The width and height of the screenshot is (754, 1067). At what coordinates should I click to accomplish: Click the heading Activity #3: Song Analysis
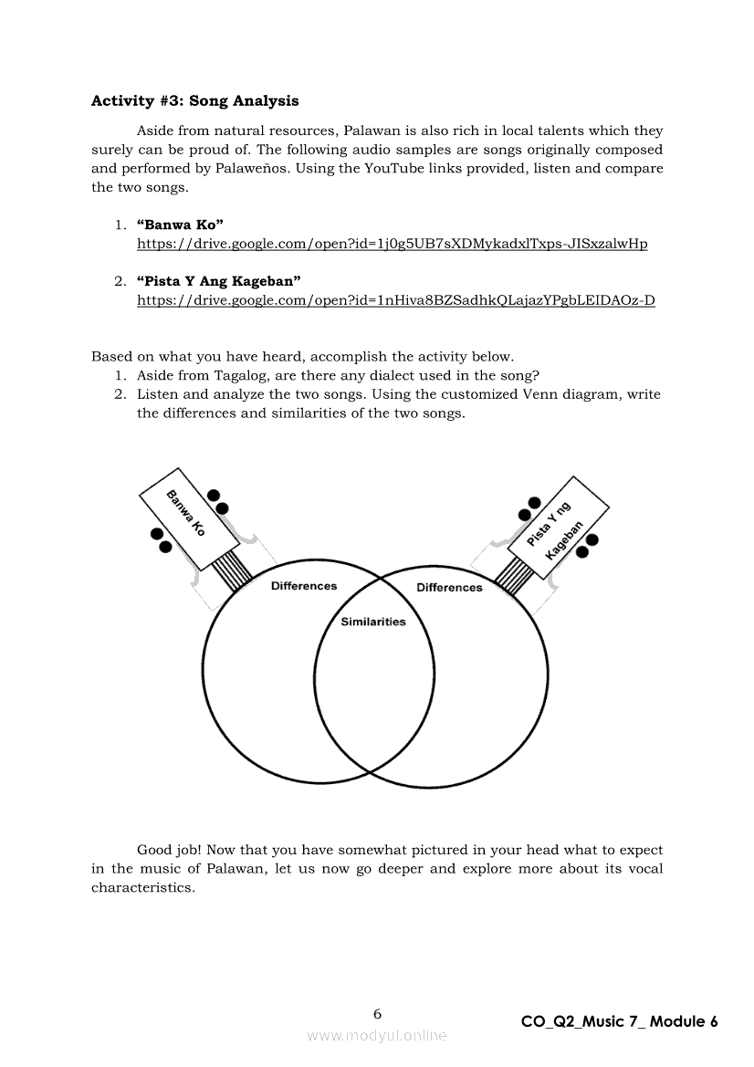point(194,100)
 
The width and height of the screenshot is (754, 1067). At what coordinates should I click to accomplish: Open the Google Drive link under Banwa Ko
point(392,244)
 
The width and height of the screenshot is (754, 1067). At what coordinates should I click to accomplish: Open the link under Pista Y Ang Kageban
point(395,299)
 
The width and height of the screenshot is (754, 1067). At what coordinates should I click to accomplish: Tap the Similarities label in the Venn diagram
point(373,622)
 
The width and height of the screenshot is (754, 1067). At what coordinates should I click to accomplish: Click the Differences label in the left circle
point(304,586)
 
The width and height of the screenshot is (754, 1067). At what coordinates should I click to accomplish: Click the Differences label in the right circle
point(449,587)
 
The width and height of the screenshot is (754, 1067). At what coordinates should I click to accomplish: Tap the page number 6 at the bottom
point(377,1013)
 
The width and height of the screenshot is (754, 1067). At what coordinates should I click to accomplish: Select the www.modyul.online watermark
point(377,1035)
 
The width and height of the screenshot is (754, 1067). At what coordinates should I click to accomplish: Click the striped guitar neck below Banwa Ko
point(233,572)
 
